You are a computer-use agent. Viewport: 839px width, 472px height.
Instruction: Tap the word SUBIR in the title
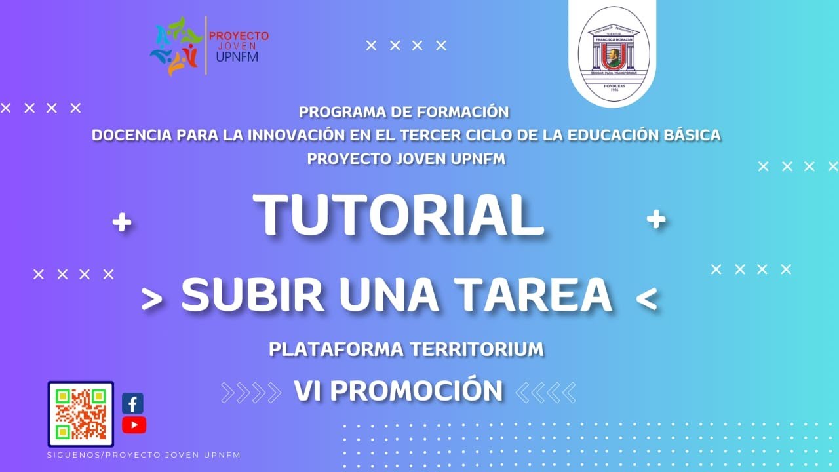pyautogui.click(x=252, y=295)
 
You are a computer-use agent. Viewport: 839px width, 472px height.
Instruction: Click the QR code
pyautogui.click(x=81, y=414)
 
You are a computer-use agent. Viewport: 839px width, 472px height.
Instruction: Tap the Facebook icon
pyautogui.click(x=133, y=403)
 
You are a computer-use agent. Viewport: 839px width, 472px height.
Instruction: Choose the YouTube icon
pyautogui.click(x=134, y=425)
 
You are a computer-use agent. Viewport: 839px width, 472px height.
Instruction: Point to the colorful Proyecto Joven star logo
pyautogui.click(x=176, y=46)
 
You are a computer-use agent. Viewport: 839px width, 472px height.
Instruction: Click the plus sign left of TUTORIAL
pyautogui.click(x=121, y=223)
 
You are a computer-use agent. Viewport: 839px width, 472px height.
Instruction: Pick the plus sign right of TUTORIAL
pyautogui.click(x=655, y=219)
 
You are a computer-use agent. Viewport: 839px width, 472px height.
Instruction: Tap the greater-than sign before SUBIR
pyautogui.click(x=151, y=299)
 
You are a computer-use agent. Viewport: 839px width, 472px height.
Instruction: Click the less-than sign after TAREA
pyautogui.click(x=646, y=299)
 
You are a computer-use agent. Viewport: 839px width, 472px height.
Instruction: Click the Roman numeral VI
pyautogui.click(x=309, y=391)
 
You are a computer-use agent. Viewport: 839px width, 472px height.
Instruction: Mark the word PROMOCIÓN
pyautogui.click(x=416, y=391)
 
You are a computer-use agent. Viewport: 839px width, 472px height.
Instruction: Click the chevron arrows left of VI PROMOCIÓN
pyautogui.click(x=252, y=392)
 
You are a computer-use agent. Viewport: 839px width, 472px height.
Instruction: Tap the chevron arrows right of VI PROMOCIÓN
pyautogui.click(x=545, y=392)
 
